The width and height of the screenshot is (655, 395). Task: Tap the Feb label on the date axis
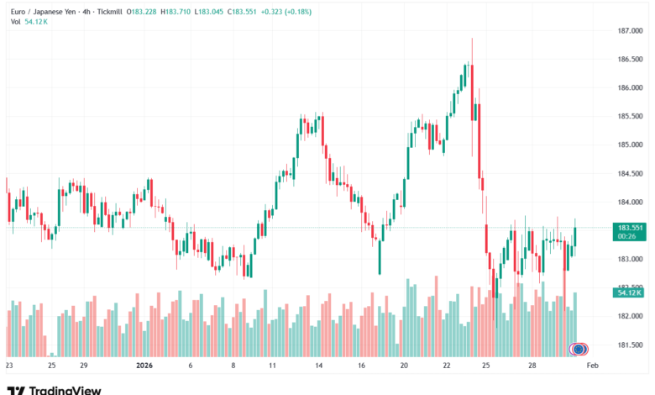591,366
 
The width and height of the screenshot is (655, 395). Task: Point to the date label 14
317,366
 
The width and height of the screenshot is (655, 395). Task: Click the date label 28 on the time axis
532,366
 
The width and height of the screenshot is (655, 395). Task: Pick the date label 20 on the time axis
404,366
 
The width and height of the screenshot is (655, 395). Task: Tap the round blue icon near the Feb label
579,349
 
